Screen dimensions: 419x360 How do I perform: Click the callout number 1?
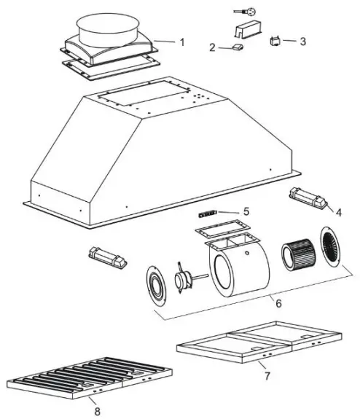[x=182, y=42]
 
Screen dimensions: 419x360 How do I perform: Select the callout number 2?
[x=212, y=48]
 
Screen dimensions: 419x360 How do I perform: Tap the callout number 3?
[x=302, y=41]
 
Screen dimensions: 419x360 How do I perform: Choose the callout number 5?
[x=246, y=211]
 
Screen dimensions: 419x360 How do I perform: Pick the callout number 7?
[x=266, y=377]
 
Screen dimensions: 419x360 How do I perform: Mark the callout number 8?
[x=98, y=412]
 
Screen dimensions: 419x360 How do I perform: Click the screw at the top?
[x=243, y=12]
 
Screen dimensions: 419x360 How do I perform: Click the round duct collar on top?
[x=109, y=29]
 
